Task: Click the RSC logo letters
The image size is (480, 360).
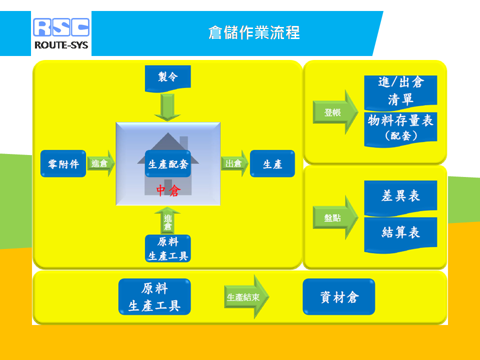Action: pos(61,27)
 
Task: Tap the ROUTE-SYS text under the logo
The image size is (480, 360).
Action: pos(61,45)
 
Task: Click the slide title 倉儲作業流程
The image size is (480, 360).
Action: pos(254,33)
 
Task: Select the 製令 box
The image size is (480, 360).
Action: pos(168,78)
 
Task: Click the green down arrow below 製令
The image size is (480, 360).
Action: pos(167,107)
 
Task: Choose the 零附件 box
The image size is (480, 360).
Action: pos(63,163)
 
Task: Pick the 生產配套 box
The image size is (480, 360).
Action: pos(168,164)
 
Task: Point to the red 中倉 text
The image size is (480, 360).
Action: pos(168,190)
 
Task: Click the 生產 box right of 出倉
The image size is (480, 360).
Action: pos(272,163)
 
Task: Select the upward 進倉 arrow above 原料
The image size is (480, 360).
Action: pos(167,220)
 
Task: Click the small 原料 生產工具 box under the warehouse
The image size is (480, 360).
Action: pos(168,248)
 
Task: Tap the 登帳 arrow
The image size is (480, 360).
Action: pos(335,112)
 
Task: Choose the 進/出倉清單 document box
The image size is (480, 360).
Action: pos(400,93)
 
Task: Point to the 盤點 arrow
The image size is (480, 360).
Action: pos(335,217)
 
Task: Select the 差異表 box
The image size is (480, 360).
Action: pos(400,198)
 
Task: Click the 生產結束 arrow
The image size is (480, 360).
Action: pos(246,297)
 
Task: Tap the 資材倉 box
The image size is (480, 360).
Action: pos(339,296)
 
